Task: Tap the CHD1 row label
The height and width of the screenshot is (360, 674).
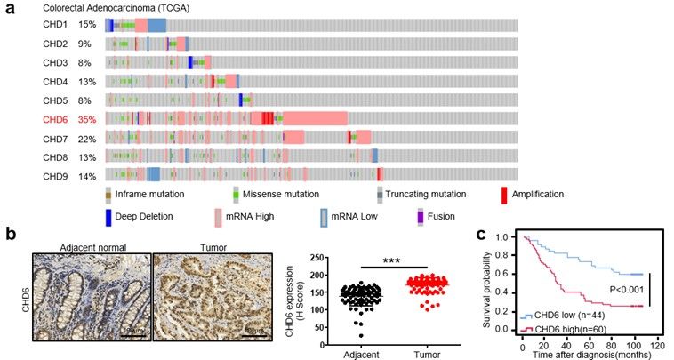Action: pyautogui.click(x=55, y=25)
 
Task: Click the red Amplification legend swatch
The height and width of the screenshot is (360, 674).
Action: pyautogui.click(x=503, y=194)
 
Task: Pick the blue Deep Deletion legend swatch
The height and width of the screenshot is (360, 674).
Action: pyautogui.click(x=108, y=215)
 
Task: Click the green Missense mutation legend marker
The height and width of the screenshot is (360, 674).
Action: pyautogui.click(x=236, y=194)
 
